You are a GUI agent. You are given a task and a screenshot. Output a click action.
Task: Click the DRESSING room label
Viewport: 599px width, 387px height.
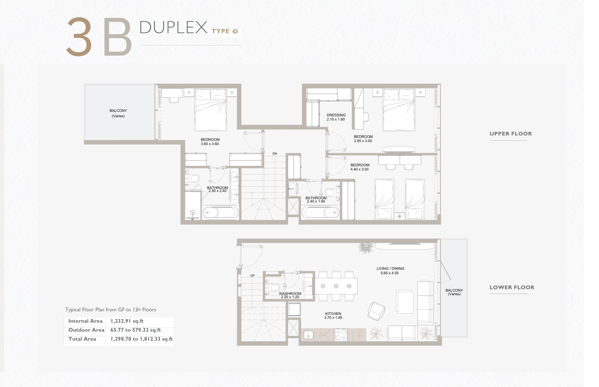(336, 115)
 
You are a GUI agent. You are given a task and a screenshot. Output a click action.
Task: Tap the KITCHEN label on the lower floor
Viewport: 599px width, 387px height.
(333, 314)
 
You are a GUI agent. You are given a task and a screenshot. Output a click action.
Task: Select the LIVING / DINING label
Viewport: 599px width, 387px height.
(390, 269)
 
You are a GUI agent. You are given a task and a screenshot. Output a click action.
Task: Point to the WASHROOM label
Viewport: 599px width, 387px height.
(290, 294)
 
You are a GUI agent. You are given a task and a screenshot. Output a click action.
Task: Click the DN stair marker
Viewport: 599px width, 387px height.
(275, 154)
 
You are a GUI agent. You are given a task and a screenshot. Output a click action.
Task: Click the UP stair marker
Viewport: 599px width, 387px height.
(252, 276)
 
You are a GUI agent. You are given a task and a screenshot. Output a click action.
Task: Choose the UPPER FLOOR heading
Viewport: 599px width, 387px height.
(511, 134)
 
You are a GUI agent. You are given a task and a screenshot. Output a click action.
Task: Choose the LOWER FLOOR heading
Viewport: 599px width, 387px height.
(512, 287)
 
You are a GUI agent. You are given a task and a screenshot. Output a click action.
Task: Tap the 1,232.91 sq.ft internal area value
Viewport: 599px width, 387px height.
(127, 321)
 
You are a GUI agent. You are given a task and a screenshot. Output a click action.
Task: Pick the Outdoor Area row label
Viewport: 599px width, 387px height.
(86, 330)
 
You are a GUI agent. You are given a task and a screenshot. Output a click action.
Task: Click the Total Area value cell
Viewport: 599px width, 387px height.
(142, 339)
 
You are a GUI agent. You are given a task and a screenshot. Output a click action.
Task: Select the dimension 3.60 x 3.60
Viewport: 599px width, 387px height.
(210, 144)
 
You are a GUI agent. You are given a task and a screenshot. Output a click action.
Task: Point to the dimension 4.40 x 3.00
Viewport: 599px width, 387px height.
(359, 169)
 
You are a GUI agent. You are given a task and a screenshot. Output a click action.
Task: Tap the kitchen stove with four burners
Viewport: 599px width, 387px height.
(341, 335)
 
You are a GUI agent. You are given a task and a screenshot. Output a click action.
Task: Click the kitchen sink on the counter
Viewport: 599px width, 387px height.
(308, 335)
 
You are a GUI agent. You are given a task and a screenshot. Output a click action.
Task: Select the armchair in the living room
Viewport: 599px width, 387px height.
(376, 311)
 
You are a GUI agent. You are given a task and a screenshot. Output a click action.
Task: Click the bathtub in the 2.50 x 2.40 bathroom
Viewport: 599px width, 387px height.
(220, 213)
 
